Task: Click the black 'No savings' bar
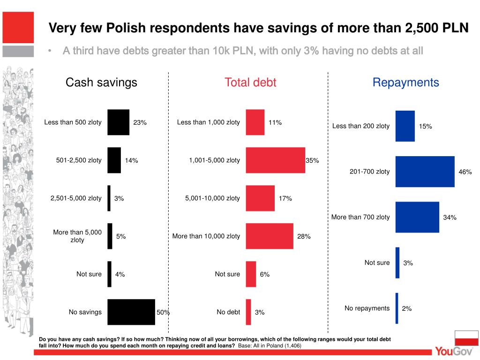click(131, 312)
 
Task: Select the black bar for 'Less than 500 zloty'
click(118, 122)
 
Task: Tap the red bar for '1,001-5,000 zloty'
click(275, 160)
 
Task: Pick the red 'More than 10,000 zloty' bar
click(269, 236)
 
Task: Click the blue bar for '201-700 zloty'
click(425, 172)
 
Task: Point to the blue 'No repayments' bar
click(397, 308)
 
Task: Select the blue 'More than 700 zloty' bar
click(417, 217)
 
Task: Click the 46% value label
click(465, 172)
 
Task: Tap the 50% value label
click(163, 312)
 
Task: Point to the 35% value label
click(312, 160)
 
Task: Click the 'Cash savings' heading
click(101, 82)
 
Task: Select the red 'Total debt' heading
click(250, 82)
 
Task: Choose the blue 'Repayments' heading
click(405, 82)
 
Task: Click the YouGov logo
click(453, 351)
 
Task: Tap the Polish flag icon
click(466, 338)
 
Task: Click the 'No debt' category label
click(228, 312)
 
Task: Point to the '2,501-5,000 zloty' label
click(76, 198)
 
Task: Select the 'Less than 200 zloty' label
click(360, 126)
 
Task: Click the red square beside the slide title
click(18, 27)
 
